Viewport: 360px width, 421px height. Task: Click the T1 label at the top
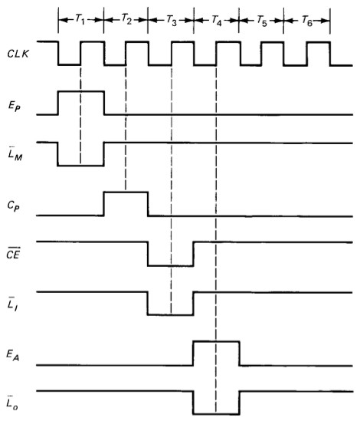coord(80,19)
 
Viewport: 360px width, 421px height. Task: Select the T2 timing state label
coord(126,19)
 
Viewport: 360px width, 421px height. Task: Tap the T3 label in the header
coord(172,20)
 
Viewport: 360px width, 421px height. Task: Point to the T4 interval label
coord(217,20)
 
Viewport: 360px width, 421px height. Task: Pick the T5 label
coord(262,21)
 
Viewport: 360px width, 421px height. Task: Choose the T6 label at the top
coord(307,21)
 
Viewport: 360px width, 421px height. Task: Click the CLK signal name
coord(18,54)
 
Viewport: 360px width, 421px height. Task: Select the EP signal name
coord(15,107)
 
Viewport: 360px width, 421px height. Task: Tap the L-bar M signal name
coord(15,153)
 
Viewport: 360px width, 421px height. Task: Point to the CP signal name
coord(14,206)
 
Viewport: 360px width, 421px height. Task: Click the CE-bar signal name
coord(13,252)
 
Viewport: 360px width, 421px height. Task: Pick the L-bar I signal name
coord(12,304)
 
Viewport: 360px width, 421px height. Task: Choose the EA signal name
coord(13,355)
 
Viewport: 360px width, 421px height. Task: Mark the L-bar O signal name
coord(12,403)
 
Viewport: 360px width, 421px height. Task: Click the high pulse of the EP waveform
coord(81,92)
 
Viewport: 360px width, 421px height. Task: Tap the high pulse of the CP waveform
coord(126,192)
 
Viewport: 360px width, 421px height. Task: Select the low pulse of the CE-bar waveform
coord(170,266)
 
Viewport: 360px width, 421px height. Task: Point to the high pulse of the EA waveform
coord(216,341)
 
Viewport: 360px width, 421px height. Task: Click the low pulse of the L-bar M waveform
coord(80,166)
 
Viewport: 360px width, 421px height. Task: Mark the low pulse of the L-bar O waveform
coord(216,414)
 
